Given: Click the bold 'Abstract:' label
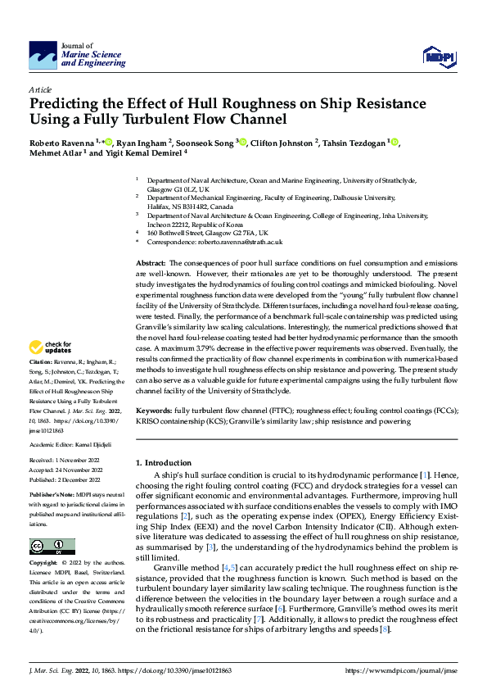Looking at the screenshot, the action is click(x=152, y=261).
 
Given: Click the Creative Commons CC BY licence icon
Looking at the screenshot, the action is click(x=52, y=524).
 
